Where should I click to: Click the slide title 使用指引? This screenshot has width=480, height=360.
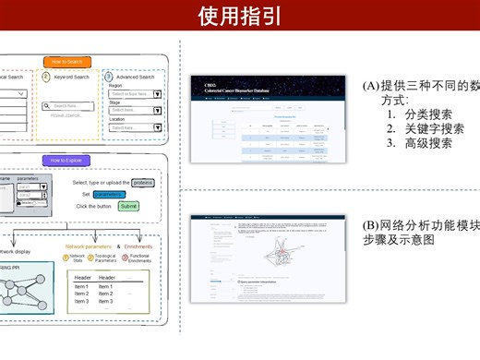click(x=240, y=17)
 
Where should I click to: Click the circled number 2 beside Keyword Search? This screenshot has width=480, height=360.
click(x=46, y=77)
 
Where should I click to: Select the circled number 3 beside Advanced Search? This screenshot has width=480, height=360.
click(x=108, y=77)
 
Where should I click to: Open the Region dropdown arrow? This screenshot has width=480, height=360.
click(x=157, y=94)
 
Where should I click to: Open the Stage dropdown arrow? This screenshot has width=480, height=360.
click(x=157, y=111)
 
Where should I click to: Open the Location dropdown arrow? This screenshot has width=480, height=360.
click(x=157, y=127)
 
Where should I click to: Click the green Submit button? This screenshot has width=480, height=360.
click(x=128, y=206)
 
